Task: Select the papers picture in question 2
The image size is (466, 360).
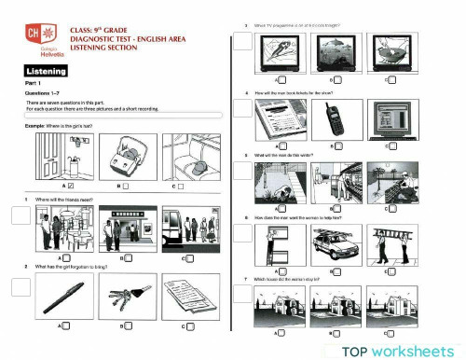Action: point(190,298)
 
